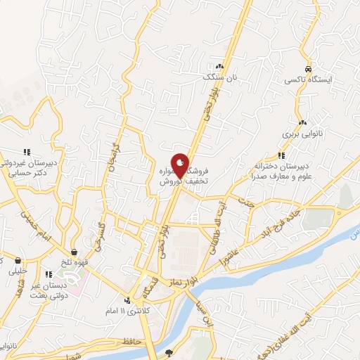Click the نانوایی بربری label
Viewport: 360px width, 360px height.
[x=300, y=132]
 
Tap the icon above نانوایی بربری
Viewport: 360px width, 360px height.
[x=302, y=122]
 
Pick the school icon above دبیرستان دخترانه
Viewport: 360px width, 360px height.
[x=281, y=155]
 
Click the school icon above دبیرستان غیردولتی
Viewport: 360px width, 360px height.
[x=27, y=151]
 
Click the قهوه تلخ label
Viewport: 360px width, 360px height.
[x=75, y=263]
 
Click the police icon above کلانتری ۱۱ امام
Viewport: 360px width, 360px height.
[x=127, y=299]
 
